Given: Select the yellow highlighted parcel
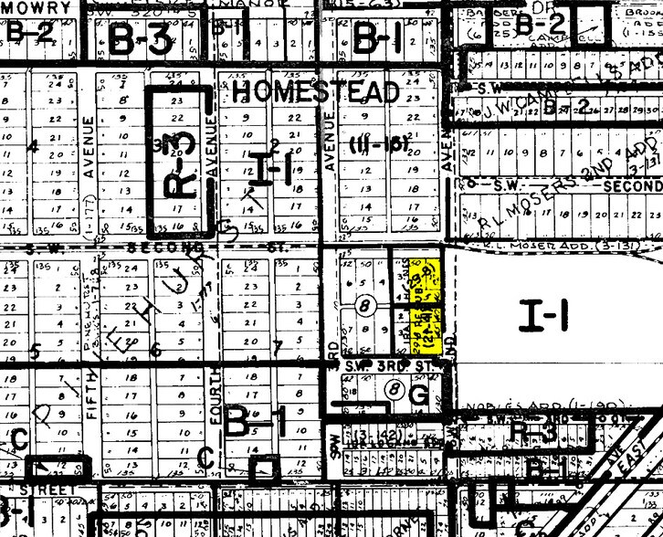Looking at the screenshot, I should point(425,307).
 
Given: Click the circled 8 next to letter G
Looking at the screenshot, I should point(394,389).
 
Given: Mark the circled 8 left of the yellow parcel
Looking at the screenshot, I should point(366,305).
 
